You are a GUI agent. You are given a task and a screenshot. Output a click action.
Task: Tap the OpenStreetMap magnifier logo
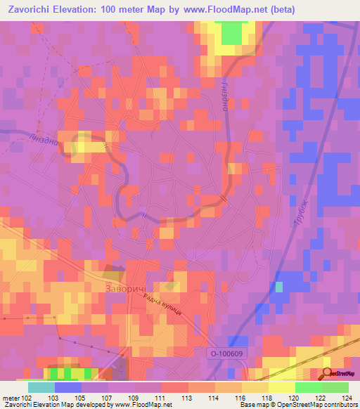[328, 373]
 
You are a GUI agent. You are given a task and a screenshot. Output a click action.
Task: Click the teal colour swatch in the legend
[41, 387]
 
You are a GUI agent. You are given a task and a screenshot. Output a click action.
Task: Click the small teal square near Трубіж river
[279, 287]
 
